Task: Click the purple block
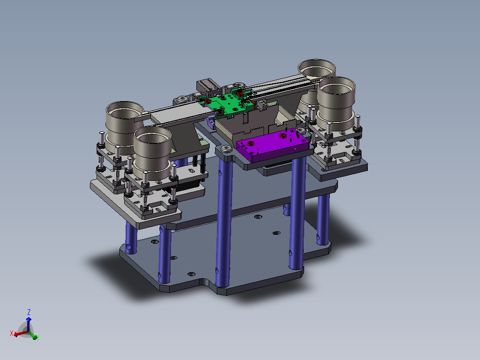(273, 146)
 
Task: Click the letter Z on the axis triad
(29, 312)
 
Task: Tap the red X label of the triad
(12, 333)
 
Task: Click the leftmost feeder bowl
(124, 127)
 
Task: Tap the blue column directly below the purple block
(297, 213)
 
